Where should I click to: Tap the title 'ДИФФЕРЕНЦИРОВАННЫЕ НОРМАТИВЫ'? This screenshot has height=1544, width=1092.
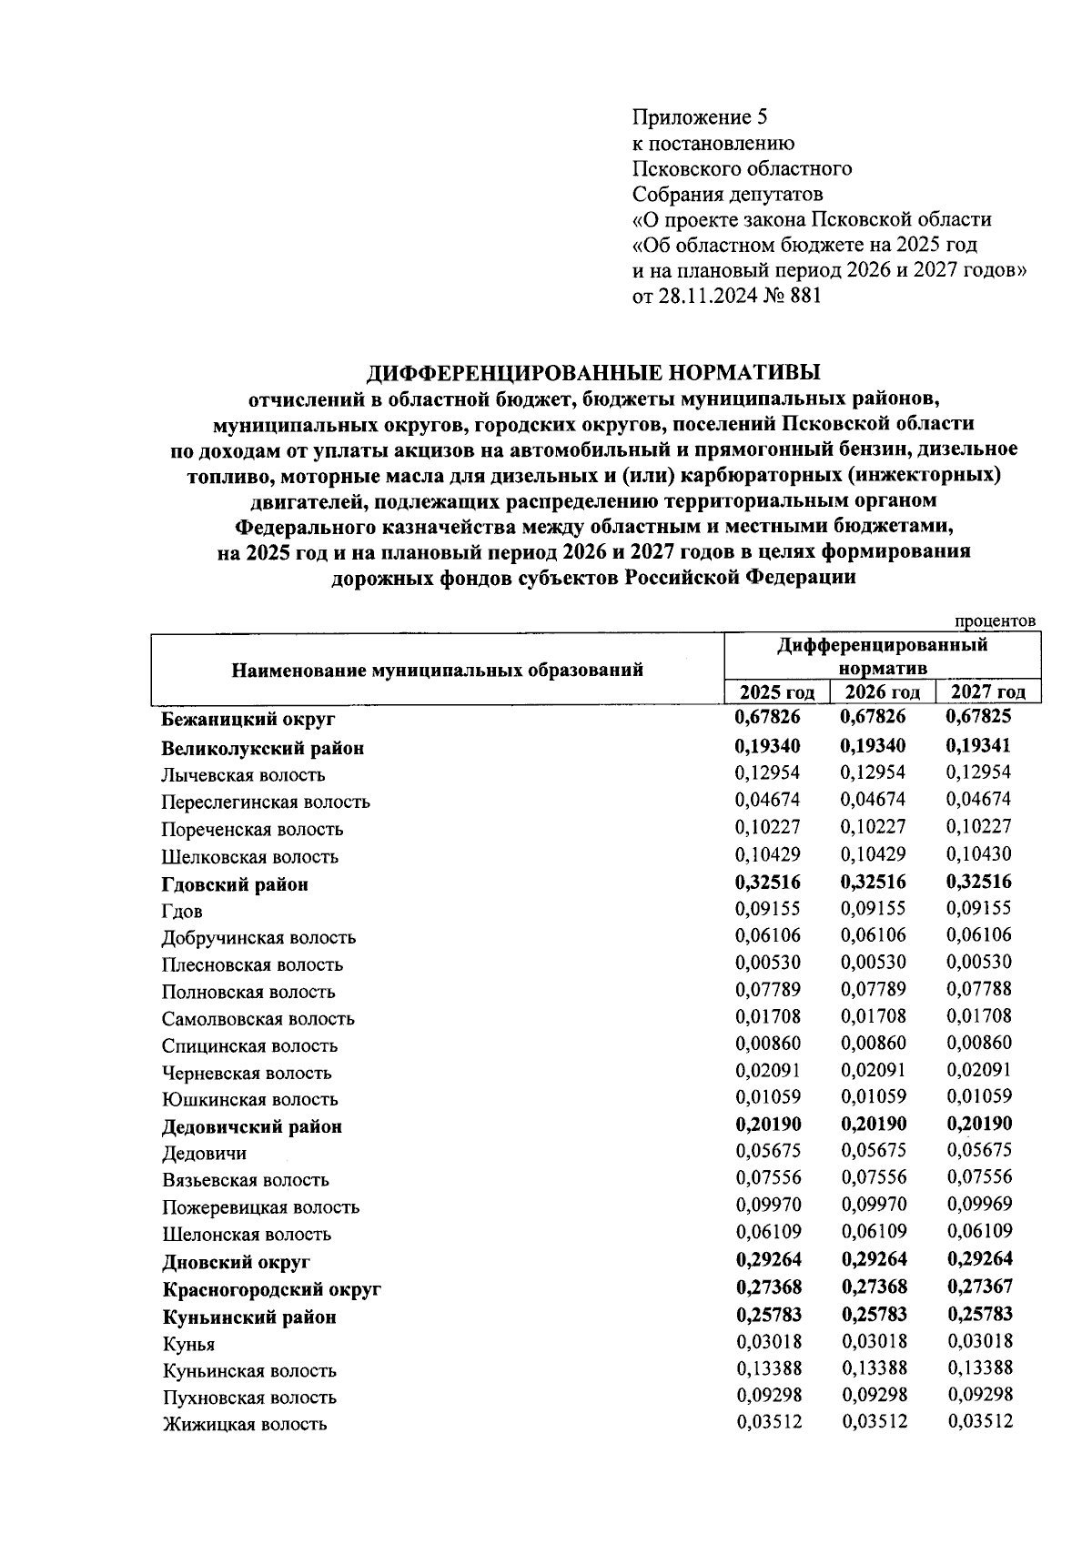593,372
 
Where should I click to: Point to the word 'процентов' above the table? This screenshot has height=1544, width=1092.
995,621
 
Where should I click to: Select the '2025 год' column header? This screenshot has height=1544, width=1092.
776,692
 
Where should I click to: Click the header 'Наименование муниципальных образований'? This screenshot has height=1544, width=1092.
437,671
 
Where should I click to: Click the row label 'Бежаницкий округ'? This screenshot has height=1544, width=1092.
248,720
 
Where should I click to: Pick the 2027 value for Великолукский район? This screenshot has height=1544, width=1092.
979,746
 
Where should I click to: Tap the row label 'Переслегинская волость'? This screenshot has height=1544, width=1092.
266,802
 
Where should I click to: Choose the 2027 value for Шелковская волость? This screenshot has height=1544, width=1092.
979,854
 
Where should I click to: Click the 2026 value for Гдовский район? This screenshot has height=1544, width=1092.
874,882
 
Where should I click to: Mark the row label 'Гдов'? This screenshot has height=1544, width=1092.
182,912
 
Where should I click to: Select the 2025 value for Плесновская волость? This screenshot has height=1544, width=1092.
768,963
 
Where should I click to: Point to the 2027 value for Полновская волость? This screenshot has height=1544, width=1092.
979,990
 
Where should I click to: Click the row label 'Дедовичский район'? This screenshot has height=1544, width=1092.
252,1127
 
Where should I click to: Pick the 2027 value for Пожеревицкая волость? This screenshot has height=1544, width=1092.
979,1205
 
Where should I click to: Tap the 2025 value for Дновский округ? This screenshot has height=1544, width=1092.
768,1259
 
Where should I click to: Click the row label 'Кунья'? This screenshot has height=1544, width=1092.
188,1345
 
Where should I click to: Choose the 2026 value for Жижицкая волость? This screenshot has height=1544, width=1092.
874,1422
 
